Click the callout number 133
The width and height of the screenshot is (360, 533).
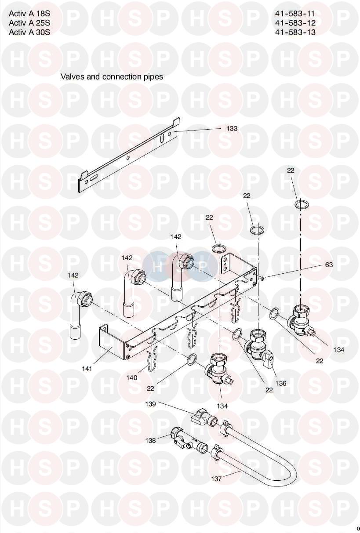pyautogui.click(x=232, y=128)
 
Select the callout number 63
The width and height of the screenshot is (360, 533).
pyautogui.click(x=329, y=265)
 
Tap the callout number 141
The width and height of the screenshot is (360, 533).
pyautogui.click(x=87, y=369)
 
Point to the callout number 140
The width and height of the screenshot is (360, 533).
pyautogui.click(x=132, y=377)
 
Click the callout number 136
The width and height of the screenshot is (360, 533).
pyautogui.click(x=280, y=383)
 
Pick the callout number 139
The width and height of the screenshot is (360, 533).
pyautogui.click(x=150, y=404)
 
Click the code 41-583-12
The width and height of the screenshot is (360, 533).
pyautogui.click(x=295, y=23)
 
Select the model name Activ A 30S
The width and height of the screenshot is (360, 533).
pyautogui.click(x=29, y=32)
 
